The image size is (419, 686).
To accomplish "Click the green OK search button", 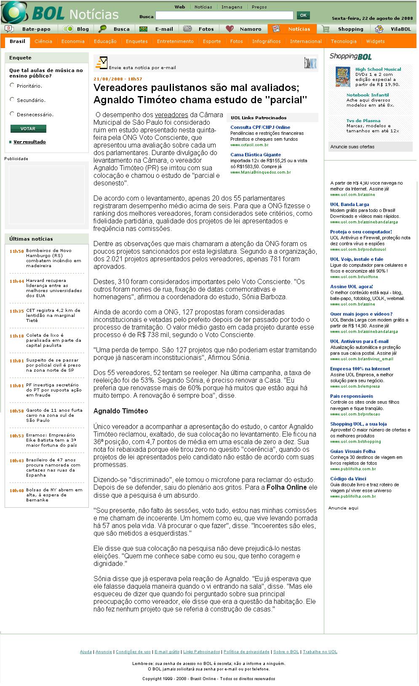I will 303,16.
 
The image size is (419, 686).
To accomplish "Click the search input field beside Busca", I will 224,16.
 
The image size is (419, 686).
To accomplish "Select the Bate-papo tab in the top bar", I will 36,29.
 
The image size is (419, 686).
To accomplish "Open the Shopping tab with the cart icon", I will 350,29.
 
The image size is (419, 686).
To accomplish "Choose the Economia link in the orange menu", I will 73,41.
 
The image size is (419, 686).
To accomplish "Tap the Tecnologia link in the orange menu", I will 344,41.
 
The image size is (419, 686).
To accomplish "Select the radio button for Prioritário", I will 12,85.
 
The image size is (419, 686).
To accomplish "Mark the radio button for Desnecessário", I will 12,114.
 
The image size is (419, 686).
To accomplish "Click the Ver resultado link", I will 29,142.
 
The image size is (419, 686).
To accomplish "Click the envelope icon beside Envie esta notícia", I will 101,63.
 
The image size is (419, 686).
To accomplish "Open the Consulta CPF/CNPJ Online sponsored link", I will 260,127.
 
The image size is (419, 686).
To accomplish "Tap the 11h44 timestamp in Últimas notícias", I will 17,281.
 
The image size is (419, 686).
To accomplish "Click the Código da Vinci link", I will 348,479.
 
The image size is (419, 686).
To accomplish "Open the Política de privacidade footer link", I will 247,652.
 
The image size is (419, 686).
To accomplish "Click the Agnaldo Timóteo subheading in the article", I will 120,411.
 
